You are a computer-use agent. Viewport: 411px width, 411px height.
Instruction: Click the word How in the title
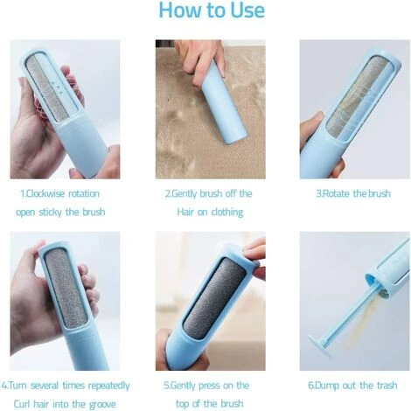[x=181, y=11]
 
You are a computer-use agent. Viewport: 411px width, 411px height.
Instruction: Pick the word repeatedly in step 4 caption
[x=104, y=385]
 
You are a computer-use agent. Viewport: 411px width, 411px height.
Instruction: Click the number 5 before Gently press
[x=165, y=385]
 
